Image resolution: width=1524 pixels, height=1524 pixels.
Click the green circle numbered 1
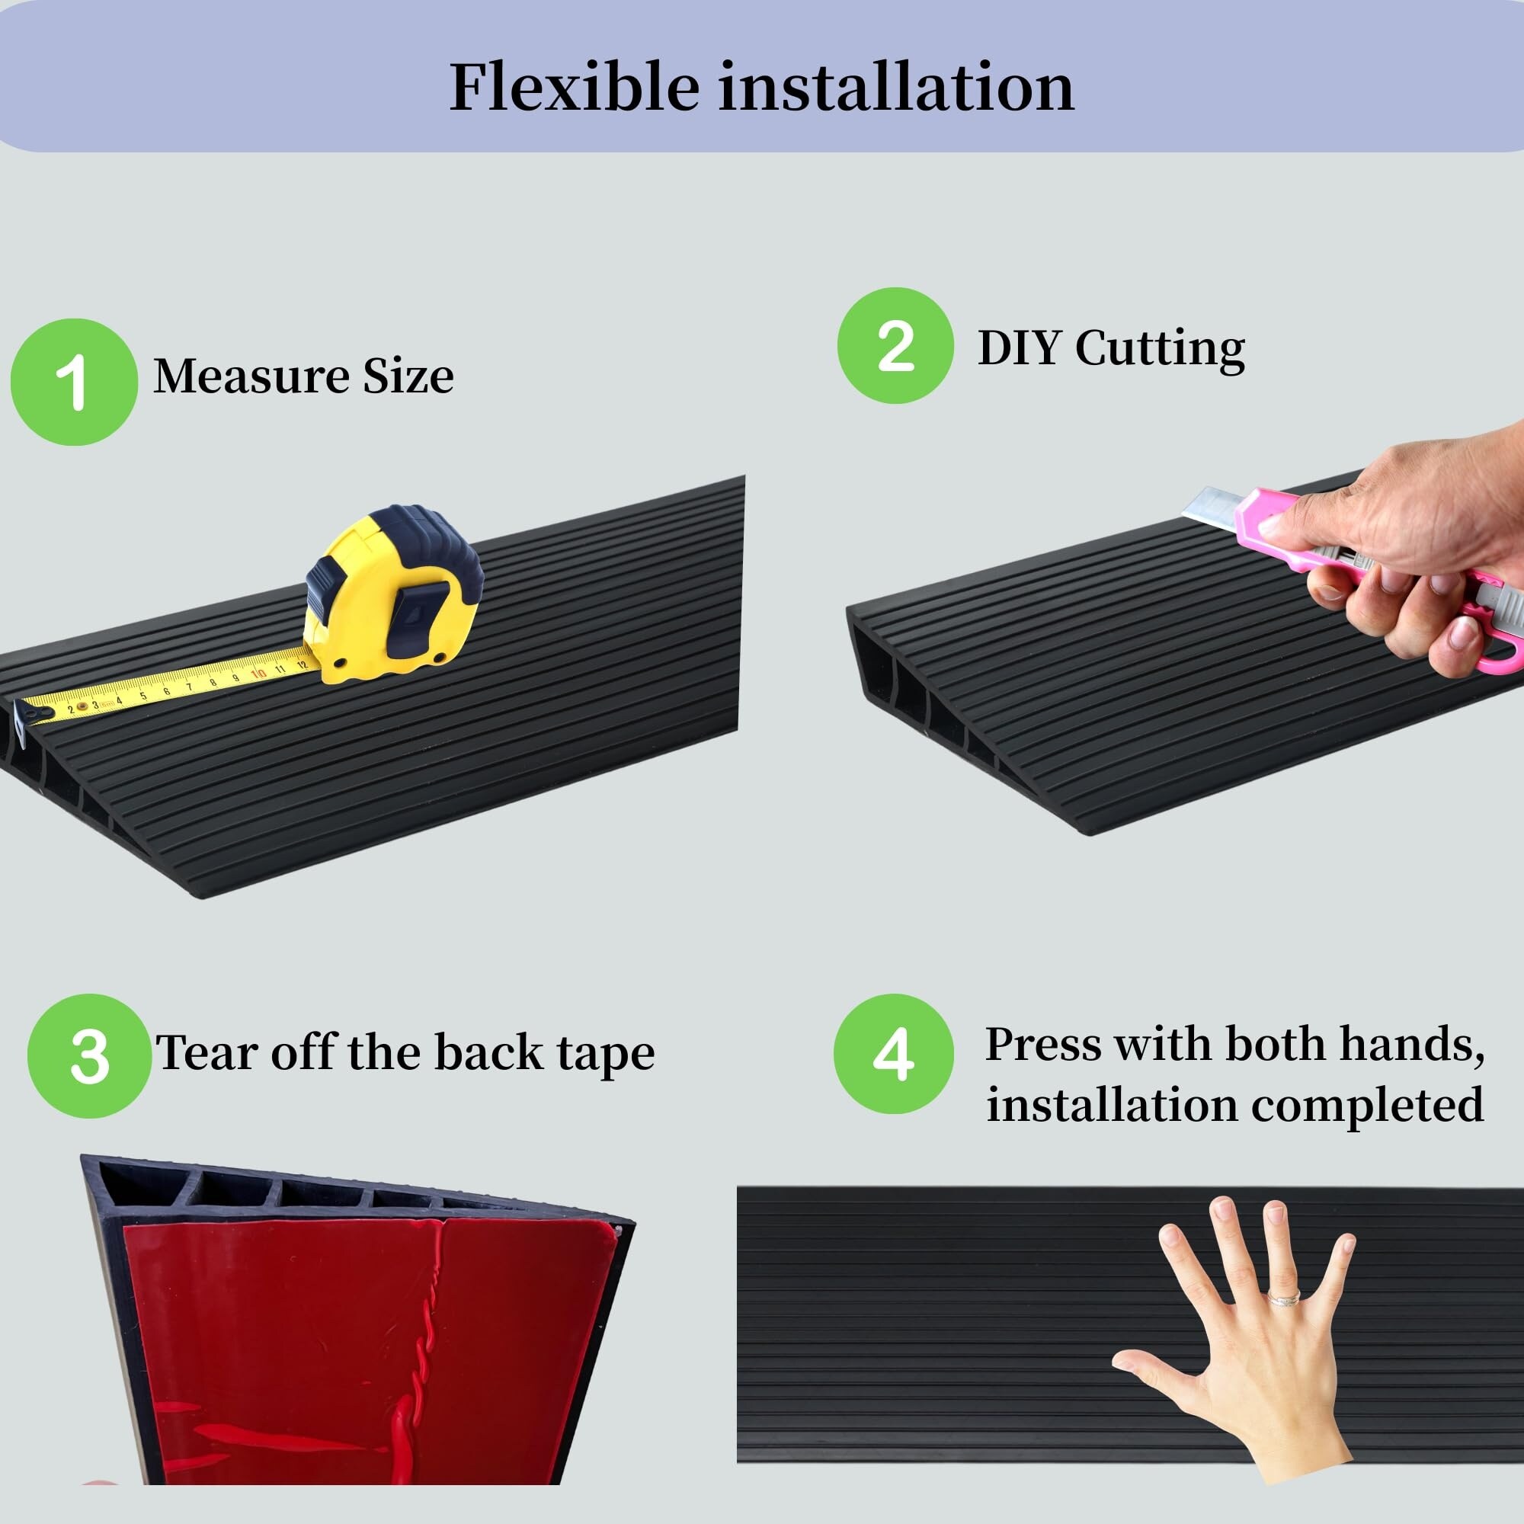[73, 382]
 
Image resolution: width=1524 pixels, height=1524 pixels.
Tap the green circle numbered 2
[896, 345]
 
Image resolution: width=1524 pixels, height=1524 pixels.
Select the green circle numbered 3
[89, 1056]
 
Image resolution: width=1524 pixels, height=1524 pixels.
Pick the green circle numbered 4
[894, 1054]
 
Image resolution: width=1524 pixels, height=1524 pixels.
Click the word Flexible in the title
[575, 87]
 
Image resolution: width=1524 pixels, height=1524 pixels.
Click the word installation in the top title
[896, 87]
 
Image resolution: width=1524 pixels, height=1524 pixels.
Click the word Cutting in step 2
[1161, 349]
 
